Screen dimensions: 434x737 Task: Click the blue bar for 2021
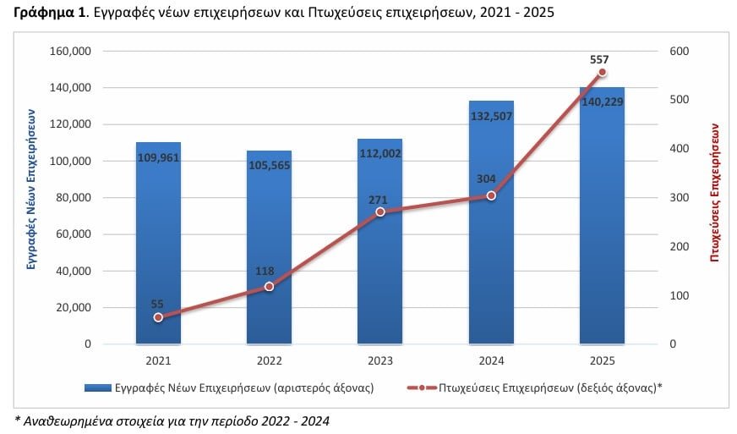coord(158,245)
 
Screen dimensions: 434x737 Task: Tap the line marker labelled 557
coord(602,73)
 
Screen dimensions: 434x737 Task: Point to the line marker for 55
coord(158,317)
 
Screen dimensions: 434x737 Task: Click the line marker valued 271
coord(379,212)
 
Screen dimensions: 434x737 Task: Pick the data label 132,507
coord(491,117)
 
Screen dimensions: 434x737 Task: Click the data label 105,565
coord(269,165)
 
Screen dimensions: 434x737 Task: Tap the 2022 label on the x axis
coord(269,361)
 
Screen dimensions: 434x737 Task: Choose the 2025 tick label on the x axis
coord(602,361)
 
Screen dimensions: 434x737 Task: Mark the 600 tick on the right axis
coord(679,52)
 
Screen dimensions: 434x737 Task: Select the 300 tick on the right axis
coord(679,198)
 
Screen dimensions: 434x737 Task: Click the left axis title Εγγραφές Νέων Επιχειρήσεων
coord(31,189)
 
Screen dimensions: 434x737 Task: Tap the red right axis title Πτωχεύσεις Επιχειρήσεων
coord(714,190)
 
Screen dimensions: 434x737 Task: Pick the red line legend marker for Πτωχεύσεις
coord(422,388)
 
